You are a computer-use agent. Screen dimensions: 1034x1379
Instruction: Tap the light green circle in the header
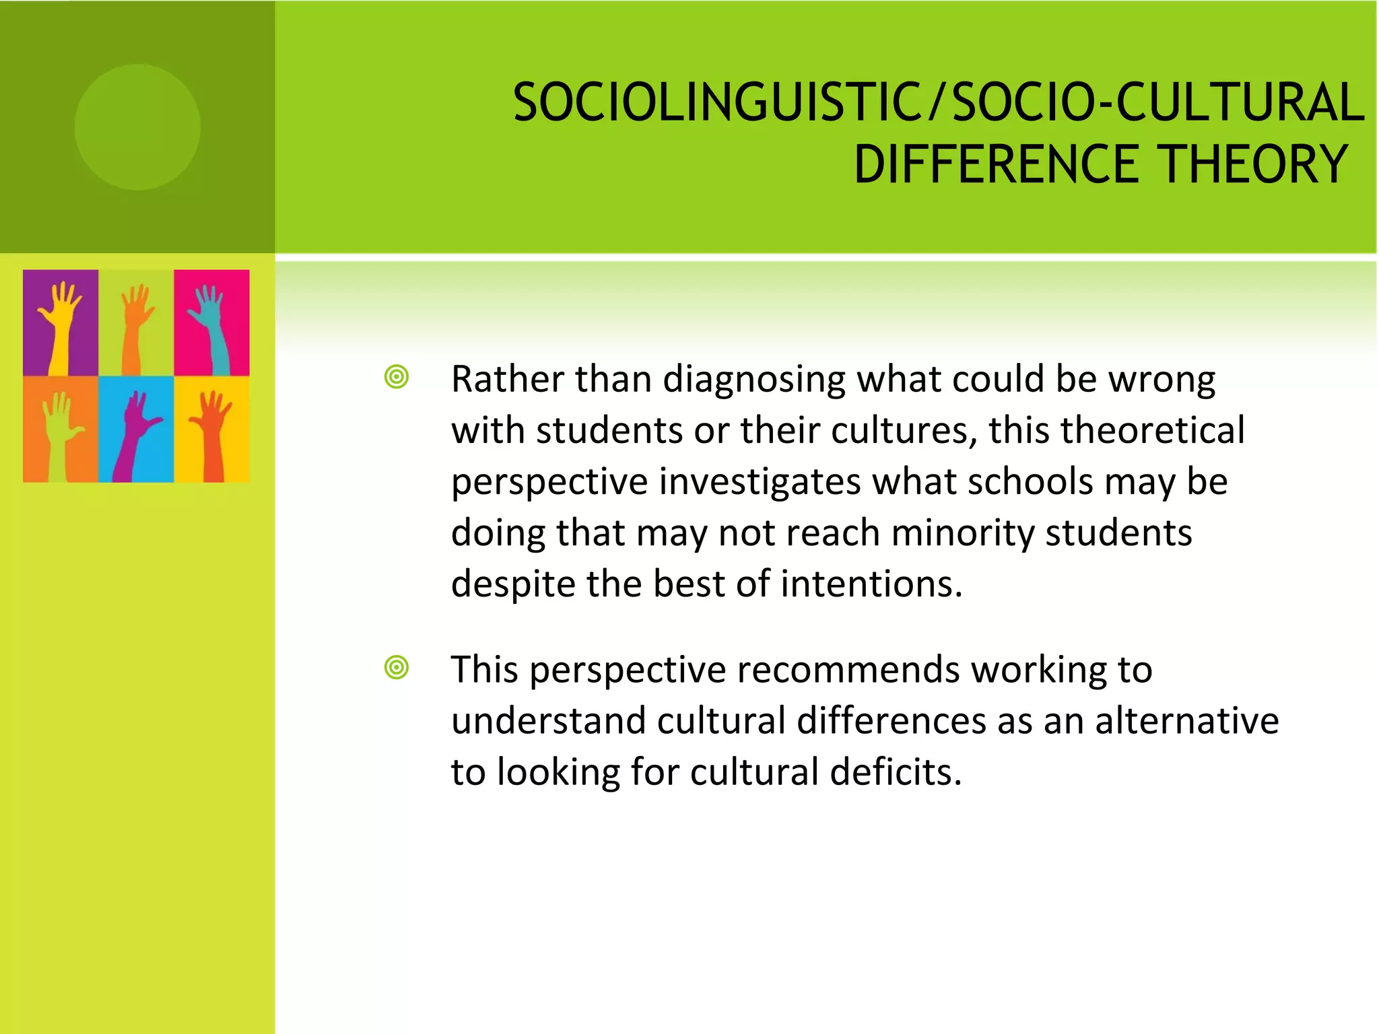[x=137, y=127]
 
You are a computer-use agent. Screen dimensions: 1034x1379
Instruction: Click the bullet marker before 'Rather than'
[x=397, y=377]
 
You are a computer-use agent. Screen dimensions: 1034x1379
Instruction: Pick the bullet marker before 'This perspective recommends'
[x=397, y=668]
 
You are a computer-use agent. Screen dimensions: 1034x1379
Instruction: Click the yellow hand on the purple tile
[x=59, y=323]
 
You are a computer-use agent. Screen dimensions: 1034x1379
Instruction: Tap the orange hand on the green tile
[x=135, y=326]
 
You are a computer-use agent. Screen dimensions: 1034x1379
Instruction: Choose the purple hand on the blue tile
[x=135, y=434]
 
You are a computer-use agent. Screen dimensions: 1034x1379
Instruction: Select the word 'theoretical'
[x=1153, y=431]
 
